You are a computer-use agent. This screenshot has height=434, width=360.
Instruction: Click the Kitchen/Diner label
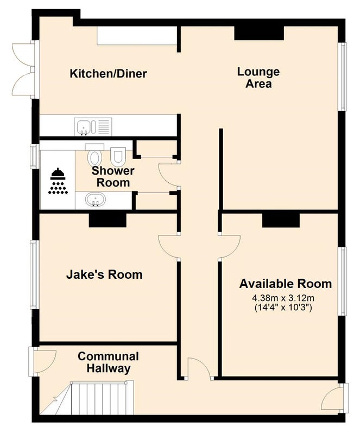click(x=108, y=74)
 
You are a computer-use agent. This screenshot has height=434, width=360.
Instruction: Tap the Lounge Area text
click(x=258, y=78)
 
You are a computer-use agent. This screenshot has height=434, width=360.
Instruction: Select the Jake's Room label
click(x=104, y=275)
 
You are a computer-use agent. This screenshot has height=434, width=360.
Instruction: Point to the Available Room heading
click(x=286, y=284)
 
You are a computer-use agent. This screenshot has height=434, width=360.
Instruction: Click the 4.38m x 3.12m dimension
click(x=283, y=298)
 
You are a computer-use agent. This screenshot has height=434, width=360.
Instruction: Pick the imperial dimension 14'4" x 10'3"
click(x=283, y=308)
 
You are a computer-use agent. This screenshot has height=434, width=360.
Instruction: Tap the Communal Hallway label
click(x=108, y=362)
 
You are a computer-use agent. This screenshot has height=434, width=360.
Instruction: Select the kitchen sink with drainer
click(x=93, y=127)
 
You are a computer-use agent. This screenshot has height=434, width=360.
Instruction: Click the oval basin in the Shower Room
click(x=96, y=199)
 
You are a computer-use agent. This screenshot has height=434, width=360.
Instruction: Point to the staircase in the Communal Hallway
click(x=87, y=398)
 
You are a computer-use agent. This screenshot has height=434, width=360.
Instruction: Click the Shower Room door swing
click(x=168, y=175)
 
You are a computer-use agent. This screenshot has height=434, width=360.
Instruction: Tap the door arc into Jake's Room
click(x=168, y=247)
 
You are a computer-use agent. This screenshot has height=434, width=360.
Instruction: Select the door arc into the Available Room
click(x=230, y=247)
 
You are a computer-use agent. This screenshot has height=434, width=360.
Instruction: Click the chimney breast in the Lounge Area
click(x=259, y=33)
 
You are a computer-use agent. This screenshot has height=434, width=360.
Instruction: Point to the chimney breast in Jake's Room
click(x=108, y=221)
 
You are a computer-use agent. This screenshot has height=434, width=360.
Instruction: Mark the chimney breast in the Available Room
click(x=281, y=221)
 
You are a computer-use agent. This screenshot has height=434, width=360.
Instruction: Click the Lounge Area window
click(x=343, y=76)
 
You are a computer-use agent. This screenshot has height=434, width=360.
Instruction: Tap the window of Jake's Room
click(x=34, y=275)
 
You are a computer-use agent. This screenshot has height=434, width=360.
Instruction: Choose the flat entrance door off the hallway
click(x=199, y=368)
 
